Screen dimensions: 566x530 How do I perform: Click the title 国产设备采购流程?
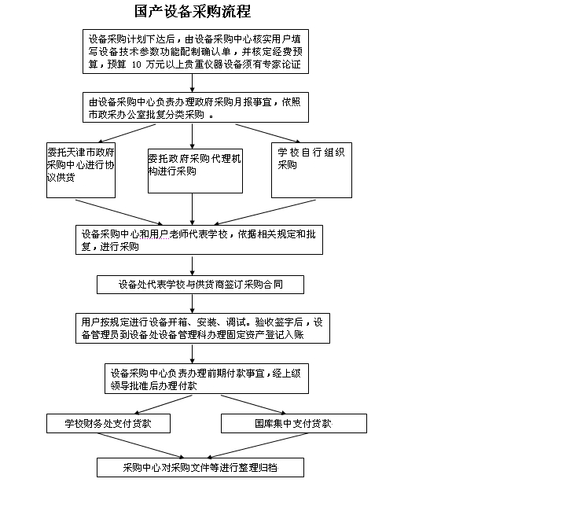point(193,11)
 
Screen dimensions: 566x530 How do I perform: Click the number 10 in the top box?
point(137,64)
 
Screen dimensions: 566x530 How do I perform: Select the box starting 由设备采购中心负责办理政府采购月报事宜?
point(196,107)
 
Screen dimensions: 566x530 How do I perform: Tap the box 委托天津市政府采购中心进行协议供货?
point(81,170)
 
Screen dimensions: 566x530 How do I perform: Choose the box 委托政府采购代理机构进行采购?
point(195,171)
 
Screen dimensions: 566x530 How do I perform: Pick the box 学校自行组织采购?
point(311,170)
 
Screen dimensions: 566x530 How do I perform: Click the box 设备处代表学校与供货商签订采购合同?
point(200,285)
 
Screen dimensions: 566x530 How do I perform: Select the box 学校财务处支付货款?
point(108,423)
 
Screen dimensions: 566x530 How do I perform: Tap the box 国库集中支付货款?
point(294,423)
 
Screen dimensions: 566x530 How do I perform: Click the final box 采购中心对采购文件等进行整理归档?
point(200,468)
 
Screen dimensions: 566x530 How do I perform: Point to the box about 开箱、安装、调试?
point(203,328)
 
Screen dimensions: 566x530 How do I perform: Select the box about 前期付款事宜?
point(207,378)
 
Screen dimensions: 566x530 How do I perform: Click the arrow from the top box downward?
point(192,83)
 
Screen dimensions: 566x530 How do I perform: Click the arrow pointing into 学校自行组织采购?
point(268,133)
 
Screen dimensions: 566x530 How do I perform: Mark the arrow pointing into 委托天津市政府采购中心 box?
point(127,133)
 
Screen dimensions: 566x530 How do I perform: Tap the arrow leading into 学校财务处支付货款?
point(164,404)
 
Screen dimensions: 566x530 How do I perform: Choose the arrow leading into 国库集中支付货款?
point(253,404)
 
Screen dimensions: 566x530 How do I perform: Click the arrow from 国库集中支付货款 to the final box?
point(257,446)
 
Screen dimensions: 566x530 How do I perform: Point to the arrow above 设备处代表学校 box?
point(192,266)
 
